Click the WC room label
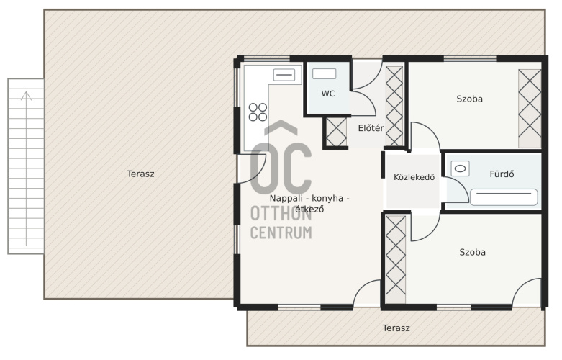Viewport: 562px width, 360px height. [328, 94]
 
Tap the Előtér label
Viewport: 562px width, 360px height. [371, 128]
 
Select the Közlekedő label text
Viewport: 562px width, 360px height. [414, 177]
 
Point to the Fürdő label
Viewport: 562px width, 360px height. [502, 174]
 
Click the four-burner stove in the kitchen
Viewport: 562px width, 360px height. [258, 112]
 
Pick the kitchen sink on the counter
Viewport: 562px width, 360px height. [284, 75]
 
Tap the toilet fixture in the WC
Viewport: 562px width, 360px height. [324, 74]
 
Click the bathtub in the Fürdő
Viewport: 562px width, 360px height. [504, 197]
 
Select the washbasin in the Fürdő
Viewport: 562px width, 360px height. [460, 168]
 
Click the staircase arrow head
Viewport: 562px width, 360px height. [26, 95]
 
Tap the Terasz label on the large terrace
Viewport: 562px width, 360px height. [140, 174]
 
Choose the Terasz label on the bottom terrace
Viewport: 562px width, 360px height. [396, 328]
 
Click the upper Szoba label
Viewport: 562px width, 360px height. [469, 99]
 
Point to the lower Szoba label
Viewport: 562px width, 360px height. [472, 253]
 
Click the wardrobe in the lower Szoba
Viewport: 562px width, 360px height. [396, 260]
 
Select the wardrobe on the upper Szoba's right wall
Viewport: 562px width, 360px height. [530, 109]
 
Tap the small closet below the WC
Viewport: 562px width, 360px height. [337, 132]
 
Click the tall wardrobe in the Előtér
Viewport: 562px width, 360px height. [394, 106]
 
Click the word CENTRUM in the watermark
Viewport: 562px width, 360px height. [281, 233]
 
